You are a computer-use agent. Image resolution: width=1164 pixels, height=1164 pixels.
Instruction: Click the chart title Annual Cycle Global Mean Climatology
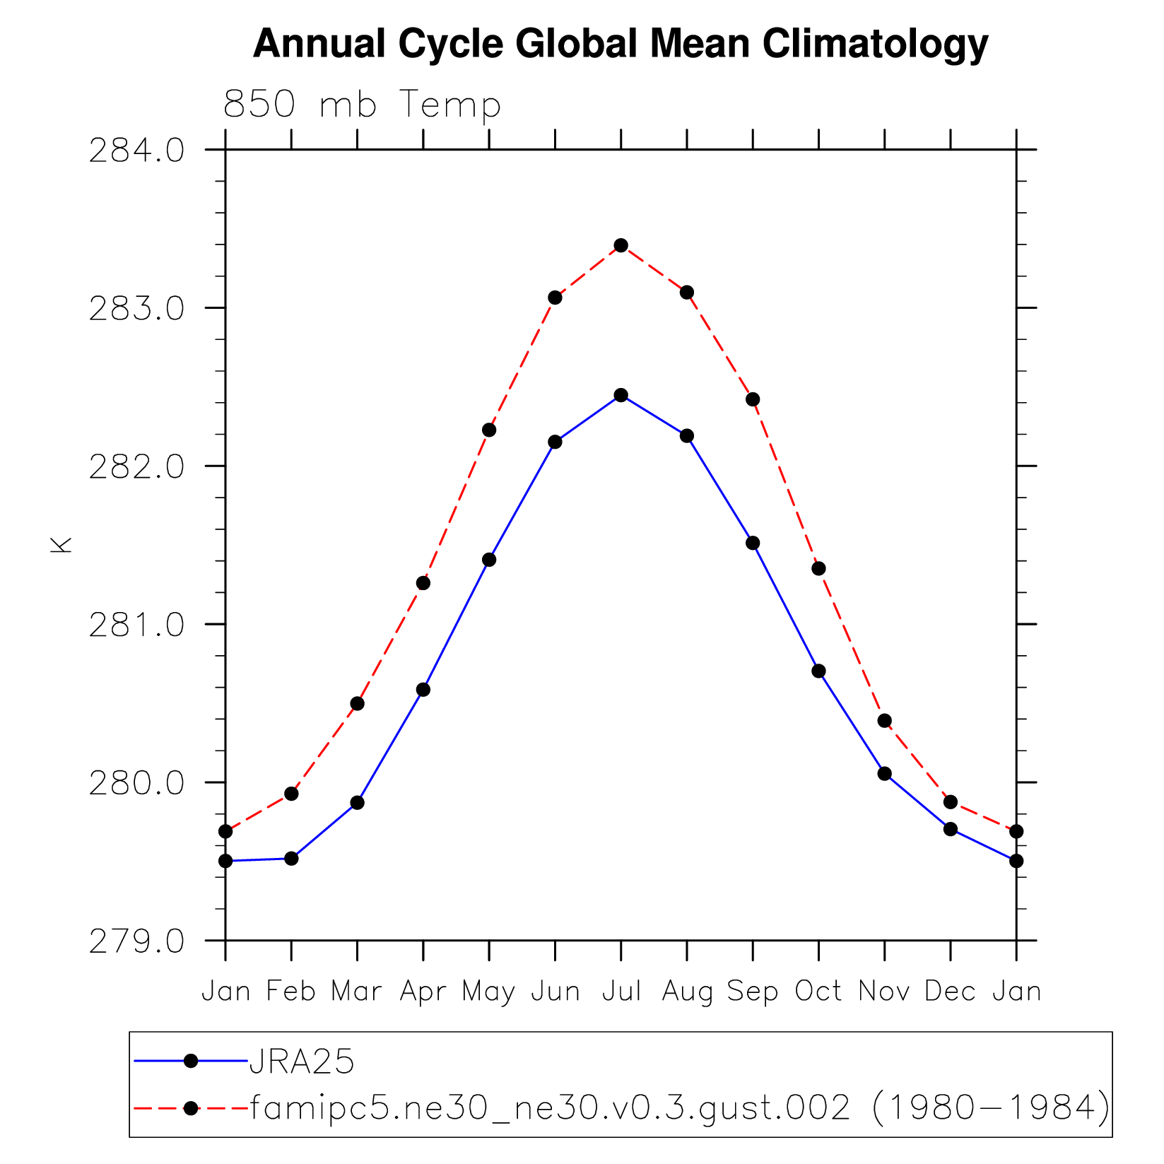[x=620, y=44]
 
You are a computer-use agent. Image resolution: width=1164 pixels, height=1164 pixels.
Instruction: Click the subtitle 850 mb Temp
[x=362, y=105]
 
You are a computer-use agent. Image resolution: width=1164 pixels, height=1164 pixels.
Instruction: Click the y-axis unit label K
[x=61, y=545]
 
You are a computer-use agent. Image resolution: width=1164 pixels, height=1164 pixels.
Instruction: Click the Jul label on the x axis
[x=621, y=992]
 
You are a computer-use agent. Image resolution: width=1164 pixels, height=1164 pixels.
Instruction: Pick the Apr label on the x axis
[x=423, y=992]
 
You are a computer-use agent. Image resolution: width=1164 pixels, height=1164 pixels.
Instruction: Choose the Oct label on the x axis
[x=818, y=992]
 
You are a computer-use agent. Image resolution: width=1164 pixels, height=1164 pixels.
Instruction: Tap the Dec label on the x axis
[x=950, y=992]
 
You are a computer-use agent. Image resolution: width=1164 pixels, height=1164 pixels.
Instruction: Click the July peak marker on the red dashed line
[x=621, y=245]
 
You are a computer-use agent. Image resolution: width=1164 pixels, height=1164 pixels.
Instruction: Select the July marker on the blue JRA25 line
[x=621, y=395]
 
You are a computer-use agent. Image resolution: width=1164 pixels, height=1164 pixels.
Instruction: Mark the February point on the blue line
[x=291, y=859]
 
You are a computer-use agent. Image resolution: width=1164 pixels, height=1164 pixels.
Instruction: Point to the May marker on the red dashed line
[x=489, y=430]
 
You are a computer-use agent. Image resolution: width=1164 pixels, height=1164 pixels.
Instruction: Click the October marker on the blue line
[x=818, y=671]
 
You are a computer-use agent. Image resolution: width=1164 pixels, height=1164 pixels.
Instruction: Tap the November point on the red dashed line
[x=884, y=721]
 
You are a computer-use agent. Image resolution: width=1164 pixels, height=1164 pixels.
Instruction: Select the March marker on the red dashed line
[x=357, y=703]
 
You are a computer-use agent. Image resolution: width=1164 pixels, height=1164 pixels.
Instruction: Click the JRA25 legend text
[x=302, y=1062]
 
